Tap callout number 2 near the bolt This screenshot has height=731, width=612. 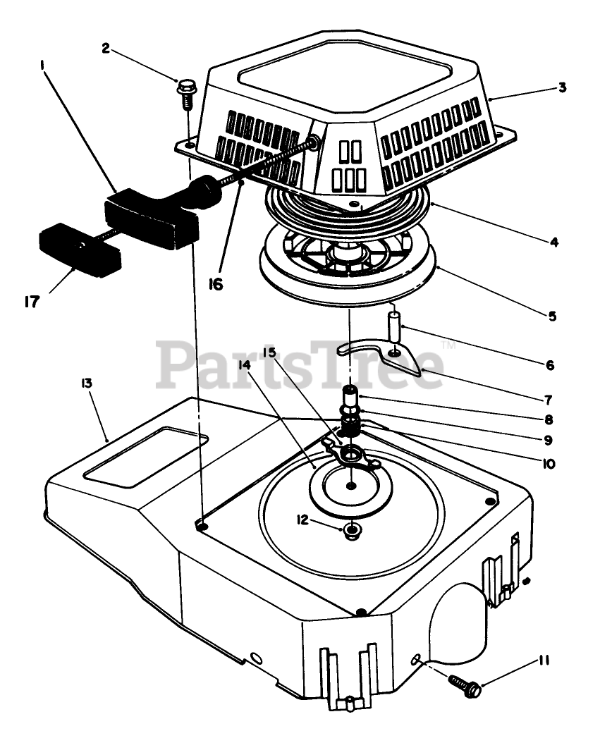click(x=105, y=48)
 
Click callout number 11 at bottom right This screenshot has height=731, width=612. click(x=544, y=661)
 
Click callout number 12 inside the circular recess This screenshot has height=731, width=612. click(x=302, y=520)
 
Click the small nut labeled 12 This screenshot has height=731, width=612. click(x=350, y=529)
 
